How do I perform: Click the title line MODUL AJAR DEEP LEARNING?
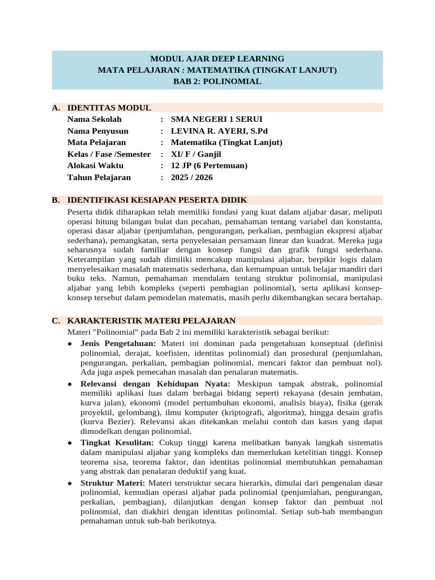point(217,58)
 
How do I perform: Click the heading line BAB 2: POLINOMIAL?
point(217,82)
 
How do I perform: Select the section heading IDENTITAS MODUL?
point(109,108)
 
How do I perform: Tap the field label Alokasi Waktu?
point(95,166)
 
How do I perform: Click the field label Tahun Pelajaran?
point(99,177)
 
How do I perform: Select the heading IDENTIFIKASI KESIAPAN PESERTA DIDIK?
point(157,200)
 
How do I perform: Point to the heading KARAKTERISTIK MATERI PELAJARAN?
point(151,321)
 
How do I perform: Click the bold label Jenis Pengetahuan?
point(118,344)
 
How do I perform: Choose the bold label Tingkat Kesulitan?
point(117,442)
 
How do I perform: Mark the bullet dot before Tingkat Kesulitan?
point(69,442)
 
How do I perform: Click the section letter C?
point(56,321)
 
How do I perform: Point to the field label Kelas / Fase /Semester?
point(109,154)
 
